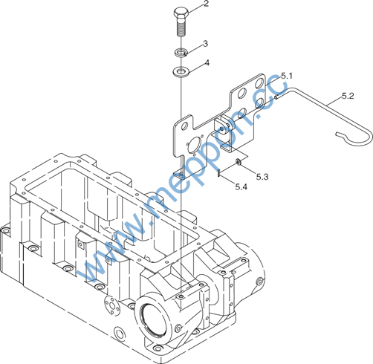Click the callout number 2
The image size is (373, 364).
coord(206,4)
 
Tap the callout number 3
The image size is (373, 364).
coord(205,44)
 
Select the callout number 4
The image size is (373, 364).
coord(207,63)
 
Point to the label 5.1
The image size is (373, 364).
coord(287,76)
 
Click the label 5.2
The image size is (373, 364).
coord(348,96)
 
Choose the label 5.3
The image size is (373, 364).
coord(262,177)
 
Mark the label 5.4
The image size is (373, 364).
coord(241,186)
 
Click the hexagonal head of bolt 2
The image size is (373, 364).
coord(181,13)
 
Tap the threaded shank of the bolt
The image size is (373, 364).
coord(181,27)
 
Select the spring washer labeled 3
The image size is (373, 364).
coord(181,52)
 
